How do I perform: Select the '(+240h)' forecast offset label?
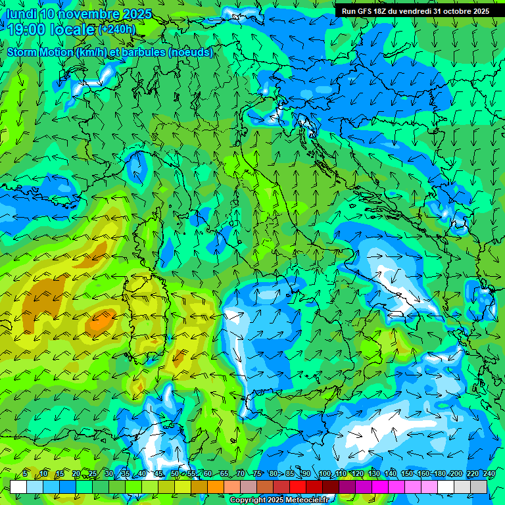click(117, 30)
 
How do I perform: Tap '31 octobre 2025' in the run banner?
click(461, 11)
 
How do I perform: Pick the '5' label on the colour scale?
click(25, 473)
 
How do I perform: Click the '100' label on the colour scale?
click(324, 473)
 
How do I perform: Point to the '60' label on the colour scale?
click(208, 473)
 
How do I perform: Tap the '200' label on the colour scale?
click(455, 473)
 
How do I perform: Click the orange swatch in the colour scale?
click(216, 487)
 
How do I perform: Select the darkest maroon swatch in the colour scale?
click(331, 487)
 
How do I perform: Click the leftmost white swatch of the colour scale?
click(18, 487)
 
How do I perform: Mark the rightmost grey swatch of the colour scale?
click(479, 487)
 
